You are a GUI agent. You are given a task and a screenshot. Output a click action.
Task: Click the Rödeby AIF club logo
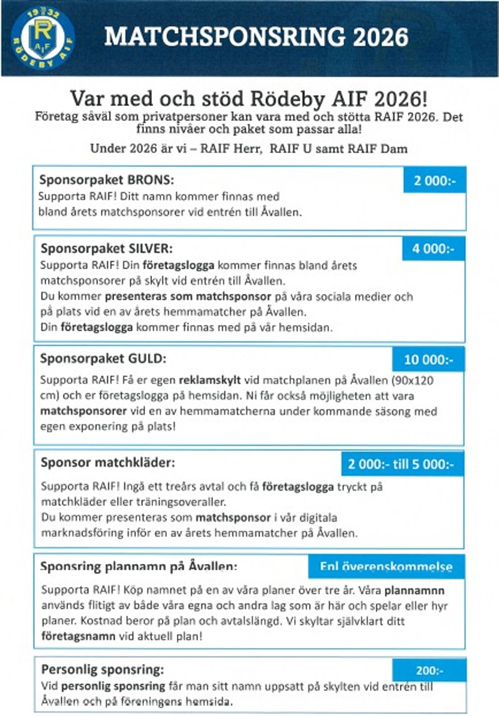point(43,38)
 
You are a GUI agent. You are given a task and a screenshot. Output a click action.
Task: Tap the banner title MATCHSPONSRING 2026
point(256,37)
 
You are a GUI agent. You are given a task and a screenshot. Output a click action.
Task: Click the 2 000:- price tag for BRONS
point(435,181)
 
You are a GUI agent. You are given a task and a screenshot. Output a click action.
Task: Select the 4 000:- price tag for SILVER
point(433,248)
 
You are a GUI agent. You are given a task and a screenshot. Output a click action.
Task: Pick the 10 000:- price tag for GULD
point(428,360)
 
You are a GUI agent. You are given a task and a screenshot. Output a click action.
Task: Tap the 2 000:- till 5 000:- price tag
point(401,464)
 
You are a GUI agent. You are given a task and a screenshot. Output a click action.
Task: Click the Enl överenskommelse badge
point(386,567)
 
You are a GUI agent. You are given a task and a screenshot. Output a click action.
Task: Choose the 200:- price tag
point(429,671)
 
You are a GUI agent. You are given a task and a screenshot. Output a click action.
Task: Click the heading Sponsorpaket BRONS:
point(106,180)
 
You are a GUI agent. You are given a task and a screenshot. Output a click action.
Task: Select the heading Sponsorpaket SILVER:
point(106,248)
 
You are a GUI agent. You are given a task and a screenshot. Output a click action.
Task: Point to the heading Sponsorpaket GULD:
point(103,358)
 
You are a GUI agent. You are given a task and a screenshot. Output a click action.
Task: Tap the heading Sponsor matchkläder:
point(108,463)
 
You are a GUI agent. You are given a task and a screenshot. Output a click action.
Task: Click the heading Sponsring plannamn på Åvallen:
point(138,567)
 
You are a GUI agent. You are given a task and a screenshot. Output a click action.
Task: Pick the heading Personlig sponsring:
point(102,670)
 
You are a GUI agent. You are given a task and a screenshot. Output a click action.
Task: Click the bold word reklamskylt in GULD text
point(210,380)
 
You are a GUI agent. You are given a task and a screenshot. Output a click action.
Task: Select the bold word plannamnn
point(414,590)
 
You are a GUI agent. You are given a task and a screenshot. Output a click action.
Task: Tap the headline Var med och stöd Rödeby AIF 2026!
point(249,99)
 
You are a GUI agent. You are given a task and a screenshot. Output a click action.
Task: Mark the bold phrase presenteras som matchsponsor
point(188,296)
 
